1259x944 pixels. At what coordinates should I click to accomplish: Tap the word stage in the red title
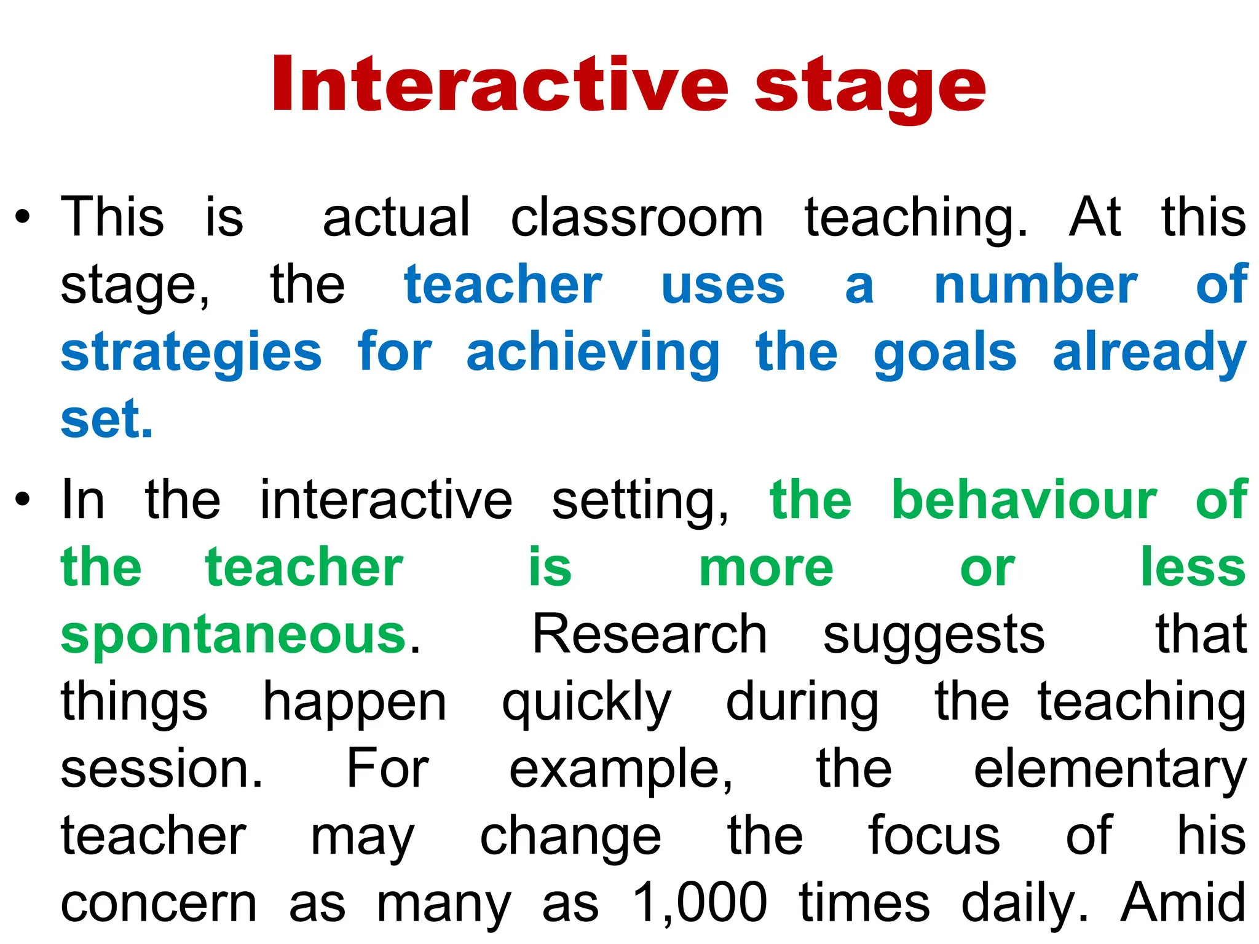point(870,89)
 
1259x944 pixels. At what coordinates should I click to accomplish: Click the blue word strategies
point(191,353)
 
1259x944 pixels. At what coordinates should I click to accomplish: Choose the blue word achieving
point(593,353)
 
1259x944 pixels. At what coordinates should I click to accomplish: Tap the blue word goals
point(945,353)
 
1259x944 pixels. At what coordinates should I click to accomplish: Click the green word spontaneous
point(234,635)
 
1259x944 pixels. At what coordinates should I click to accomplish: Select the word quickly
point(586,704)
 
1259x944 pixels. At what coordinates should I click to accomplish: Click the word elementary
point(1110,771)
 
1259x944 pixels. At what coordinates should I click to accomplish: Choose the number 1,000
point(700,903)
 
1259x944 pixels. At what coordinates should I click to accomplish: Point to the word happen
point(355,704)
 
